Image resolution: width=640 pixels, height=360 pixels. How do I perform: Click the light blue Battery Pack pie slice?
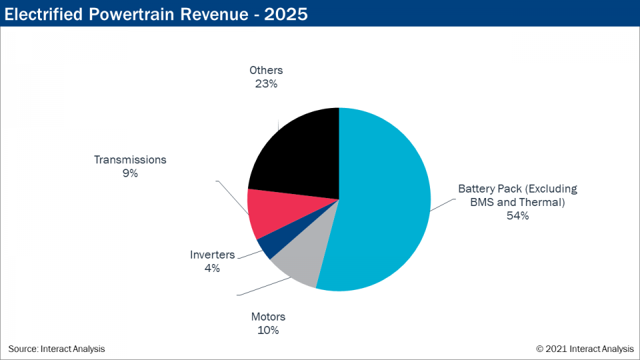(x=387, y=200)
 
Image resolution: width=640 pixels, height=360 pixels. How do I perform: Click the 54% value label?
(x=517, y=215)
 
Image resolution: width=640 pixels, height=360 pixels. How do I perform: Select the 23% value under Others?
(x=266, y=83)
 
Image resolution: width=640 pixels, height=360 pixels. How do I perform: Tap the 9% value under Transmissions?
(x=130, y=173)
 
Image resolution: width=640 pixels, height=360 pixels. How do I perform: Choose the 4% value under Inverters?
(x=212, y=268)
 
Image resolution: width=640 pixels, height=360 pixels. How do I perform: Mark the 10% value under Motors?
(x=268, y=330)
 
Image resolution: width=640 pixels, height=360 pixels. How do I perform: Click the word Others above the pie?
(x=266, y=70)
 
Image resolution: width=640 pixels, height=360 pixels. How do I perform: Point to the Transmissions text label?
(x=130, y=160)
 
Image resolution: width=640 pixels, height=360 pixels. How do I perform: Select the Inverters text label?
(x=212, y=255)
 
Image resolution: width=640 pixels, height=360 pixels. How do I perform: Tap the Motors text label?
(x=268, y=317)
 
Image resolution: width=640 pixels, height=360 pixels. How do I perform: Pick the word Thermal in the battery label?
(x=543, y=202)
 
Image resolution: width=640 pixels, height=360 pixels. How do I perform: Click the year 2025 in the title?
(x=286, y=13)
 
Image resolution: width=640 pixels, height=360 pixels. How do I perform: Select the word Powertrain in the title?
(x=131, y=13)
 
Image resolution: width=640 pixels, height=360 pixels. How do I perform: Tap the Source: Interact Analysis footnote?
(x=57, y=349)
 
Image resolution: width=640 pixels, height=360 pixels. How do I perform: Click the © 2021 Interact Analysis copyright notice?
(x=585, y=349)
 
